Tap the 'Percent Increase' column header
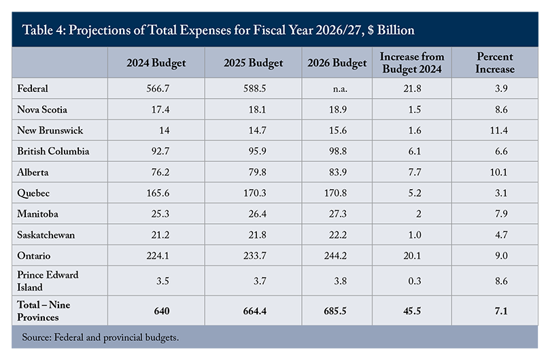(x=495, y=63)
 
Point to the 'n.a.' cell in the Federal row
(x=338, y=88)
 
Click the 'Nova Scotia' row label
(x=43, y=110)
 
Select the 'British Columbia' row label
(x=53, y=151)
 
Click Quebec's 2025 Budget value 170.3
(x=252, y=193)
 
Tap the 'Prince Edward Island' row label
(x=48, y=281)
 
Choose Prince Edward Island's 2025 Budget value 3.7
(x=252, y=281)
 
